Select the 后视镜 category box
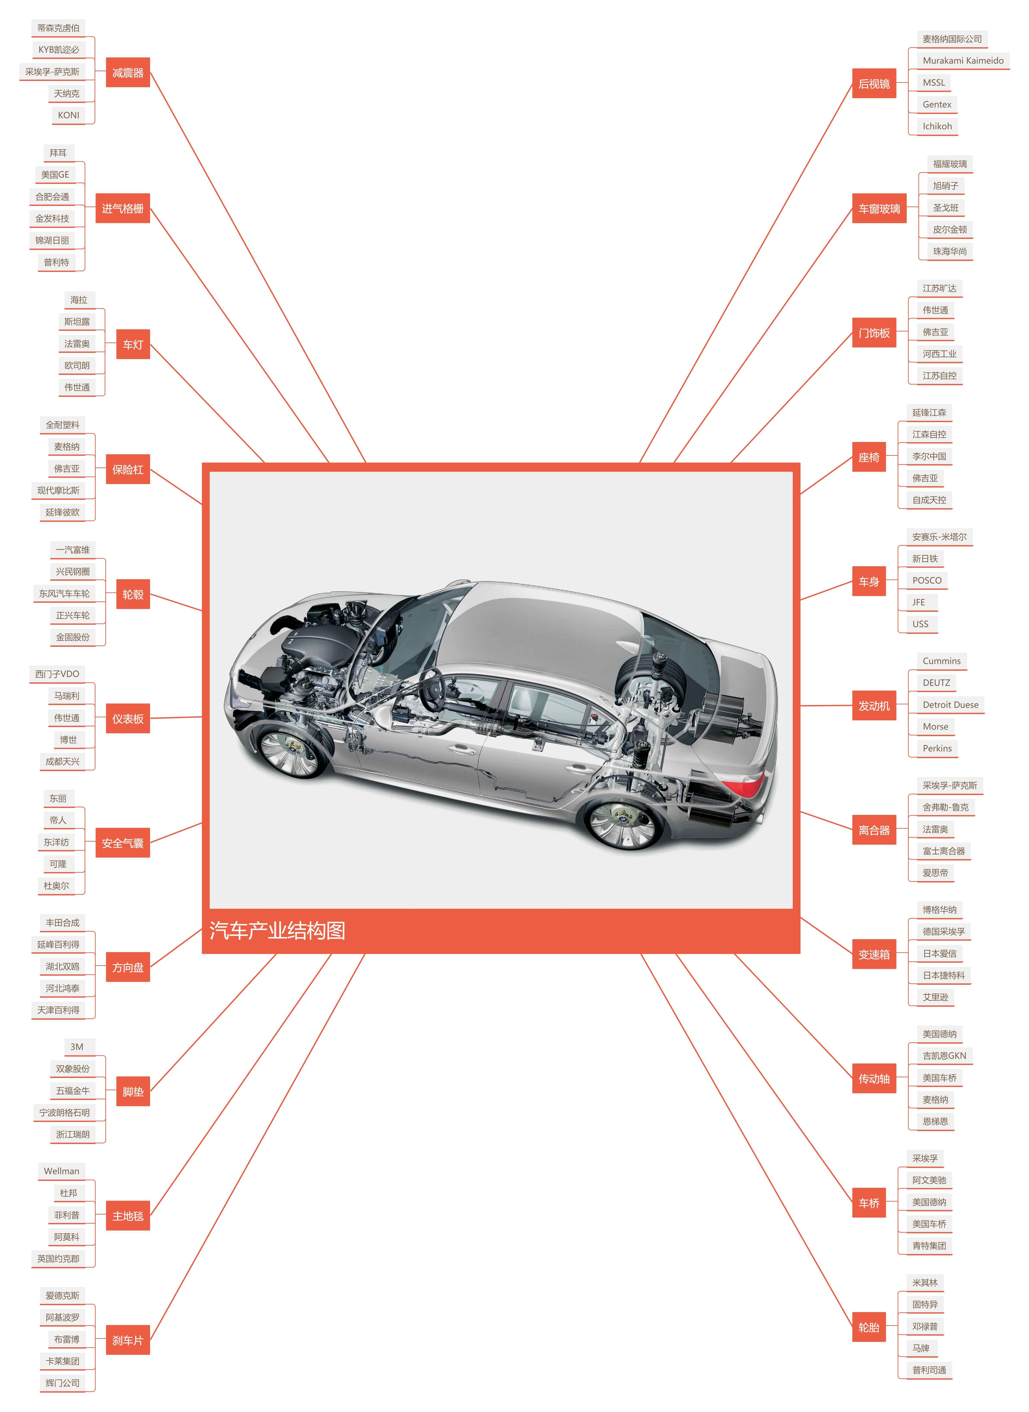[x=874, y=84]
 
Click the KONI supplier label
[x=68, y=115]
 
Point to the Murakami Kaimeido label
[x=963, y=60]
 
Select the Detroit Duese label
[x=951, y=705]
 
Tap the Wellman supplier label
[x=62, y=1171]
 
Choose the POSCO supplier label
[x=927, y=580]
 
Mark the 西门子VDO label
[x=57, y=674]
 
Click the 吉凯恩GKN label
[x=944, y=1056]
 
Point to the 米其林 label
[x=925, y=1283]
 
